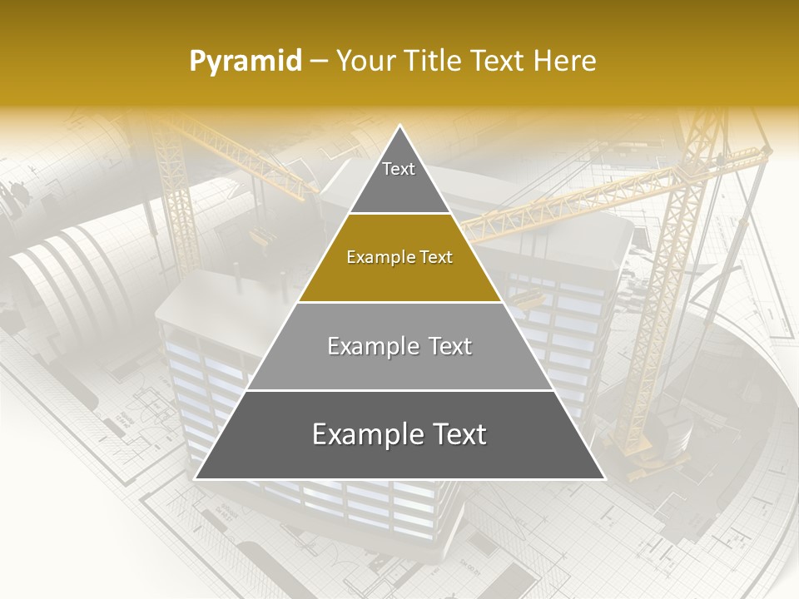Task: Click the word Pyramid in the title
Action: (x=245, y=62)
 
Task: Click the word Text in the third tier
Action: (x=450, y=347)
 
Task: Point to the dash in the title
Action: (x=318, y=62)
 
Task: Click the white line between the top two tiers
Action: (x=399, y=214)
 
